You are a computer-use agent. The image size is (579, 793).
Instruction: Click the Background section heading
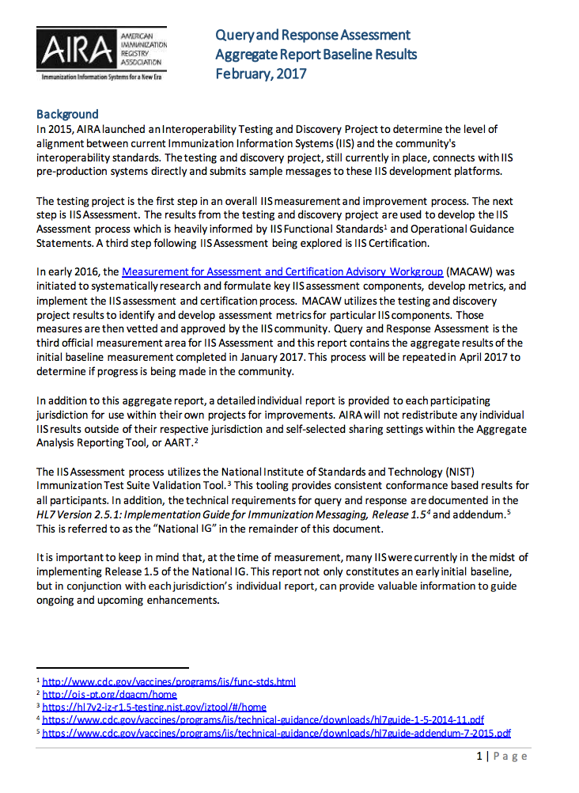click(67, 114)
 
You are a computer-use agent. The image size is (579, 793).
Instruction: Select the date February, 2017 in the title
click(261, 74)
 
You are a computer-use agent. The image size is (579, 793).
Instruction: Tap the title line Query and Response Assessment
click(313, 35)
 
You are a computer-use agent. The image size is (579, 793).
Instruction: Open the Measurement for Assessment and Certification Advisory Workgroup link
click(282, 271)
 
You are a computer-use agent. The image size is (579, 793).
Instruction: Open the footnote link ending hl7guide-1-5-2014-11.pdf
click(263, 720)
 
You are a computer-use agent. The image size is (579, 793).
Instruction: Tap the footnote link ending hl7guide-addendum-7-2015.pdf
click(276, 733)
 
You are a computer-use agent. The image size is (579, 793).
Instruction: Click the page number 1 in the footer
click(479, 757)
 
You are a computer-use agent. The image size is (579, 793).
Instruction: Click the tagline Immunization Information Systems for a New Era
click(100, 79)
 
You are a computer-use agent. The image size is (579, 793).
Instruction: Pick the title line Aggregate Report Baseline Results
click(316, 55)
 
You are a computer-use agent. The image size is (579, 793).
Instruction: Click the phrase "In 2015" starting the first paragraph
click(52, 128)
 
